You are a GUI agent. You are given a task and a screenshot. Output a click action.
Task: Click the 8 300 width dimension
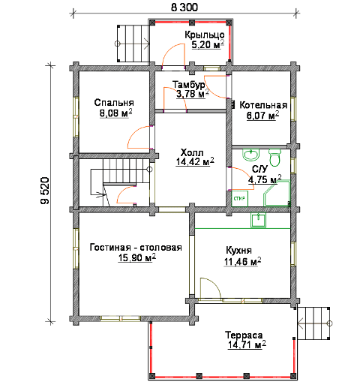pos(184,8)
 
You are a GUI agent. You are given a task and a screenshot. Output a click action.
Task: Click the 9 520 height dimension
pos(45,191)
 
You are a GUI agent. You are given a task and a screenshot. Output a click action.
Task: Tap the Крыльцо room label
pos(205,35)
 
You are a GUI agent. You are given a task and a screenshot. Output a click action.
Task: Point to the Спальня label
pos(114,103)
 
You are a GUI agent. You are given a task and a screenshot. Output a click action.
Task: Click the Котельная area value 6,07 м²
pos(262,116)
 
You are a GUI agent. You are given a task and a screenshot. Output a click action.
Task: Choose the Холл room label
pos(192,152)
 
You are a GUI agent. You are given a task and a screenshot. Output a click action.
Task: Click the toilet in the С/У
pos(275,158)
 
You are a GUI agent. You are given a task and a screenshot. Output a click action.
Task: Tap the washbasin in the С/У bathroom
pos(250,155)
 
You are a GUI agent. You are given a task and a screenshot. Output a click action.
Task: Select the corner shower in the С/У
pos(277,194)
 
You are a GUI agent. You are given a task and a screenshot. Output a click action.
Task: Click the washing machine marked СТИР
pos(239,199)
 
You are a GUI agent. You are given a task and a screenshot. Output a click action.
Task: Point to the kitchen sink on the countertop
pos(259,220)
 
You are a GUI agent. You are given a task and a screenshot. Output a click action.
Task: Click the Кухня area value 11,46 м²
pos(242,261)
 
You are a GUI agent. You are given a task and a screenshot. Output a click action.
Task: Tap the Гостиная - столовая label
pos(136,248)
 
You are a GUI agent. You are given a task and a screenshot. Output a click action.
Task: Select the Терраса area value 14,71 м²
pos(247,344)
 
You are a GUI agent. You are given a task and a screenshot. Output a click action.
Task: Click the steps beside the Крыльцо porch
pos(133,44)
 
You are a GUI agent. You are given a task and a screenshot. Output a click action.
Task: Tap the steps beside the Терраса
pos(313,323)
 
